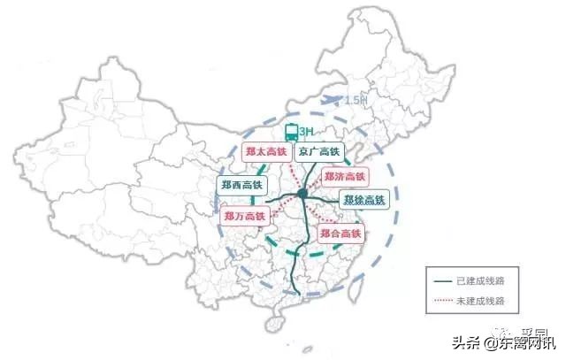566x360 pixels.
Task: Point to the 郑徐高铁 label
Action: click(x=364, y=199)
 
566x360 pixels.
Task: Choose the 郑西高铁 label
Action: click(x=240, y=185)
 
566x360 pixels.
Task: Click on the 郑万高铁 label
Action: click(x=245, y=216)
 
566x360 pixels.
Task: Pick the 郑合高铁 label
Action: click(x=340, y=233)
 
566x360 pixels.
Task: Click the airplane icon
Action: click(x=332, y=100)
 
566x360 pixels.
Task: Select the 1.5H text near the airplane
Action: click(x=356, y=100)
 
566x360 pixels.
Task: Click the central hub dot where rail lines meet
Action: click(x=302, y=193)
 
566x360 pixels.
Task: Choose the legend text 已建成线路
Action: click(x=479, y=282)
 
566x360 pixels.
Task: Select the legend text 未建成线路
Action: click(x=479, y=302)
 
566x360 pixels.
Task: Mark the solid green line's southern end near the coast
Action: click(x=302, y=294)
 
